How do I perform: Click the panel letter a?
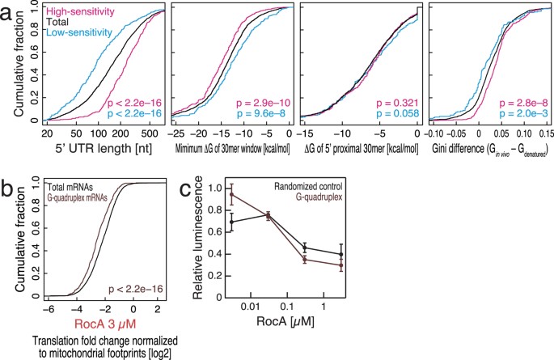coord(8,11)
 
